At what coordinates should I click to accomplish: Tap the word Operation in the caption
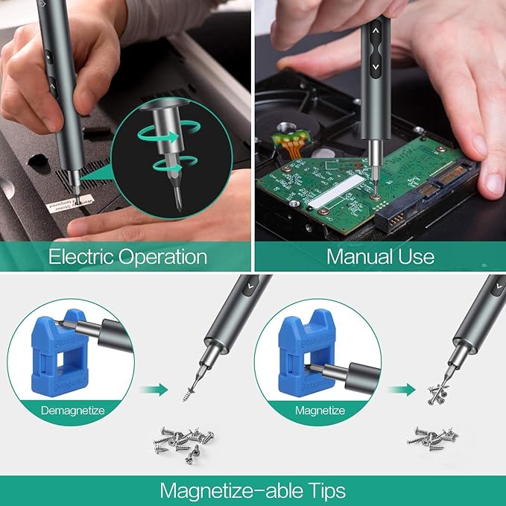165,258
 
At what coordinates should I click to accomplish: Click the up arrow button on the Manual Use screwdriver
375,31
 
